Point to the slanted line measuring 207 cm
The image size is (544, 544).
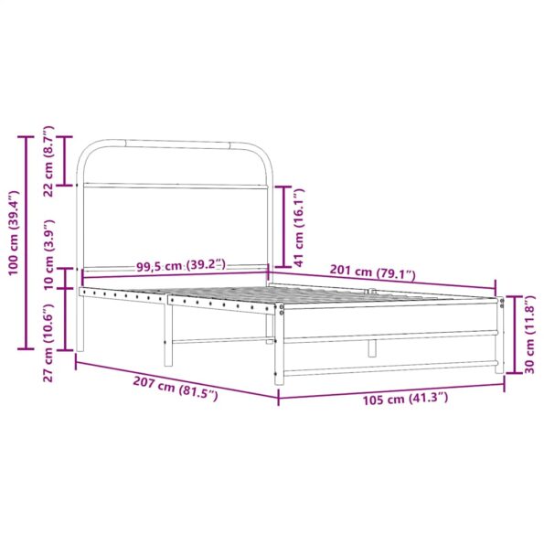coord(174,378)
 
